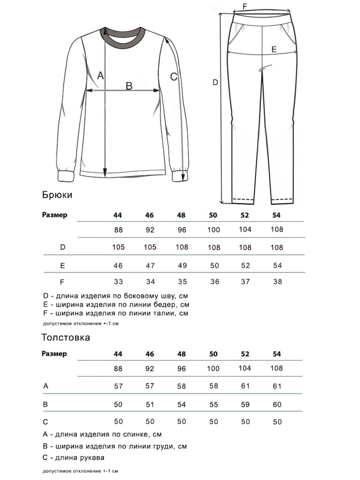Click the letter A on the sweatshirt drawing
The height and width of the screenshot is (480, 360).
point(100,76)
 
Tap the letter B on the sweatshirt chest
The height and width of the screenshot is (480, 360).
point(129,85)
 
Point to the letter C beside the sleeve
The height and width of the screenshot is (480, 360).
point(173,76)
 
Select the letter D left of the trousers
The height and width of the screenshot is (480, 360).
point(215,83)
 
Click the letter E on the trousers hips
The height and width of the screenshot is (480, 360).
point(274,49)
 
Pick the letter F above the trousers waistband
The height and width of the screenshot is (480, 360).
point(245,6)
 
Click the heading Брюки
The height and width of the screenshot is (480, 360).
point(57,195)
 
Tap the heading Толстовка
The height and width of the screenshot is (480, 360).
point(66,338)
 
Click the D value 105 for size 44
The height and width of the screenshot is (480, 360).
point(118,247)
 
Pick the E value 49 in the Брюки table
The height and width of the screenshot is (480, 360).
point(182,265)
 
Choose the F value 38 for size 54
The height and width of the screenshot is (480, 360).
point(277,282)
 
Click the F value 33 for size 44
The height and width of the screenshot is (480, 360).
point(118,282)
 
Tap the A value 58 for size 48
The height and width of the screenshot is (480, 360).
point(182,386)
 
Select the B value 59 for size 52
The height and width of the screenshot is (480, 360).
point(245,405)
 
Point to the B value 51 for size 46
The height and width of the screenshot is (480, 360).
point(150,405)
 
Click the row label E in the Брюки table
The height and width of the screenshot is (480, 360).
point(62,265)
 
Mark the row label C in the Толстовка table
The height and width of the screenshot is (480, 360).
point(45,421)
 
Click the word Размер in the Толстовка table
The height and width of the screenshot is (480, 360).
point(54,354)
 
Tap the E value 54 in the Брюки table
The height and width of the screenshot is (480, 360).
point(277,265)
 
